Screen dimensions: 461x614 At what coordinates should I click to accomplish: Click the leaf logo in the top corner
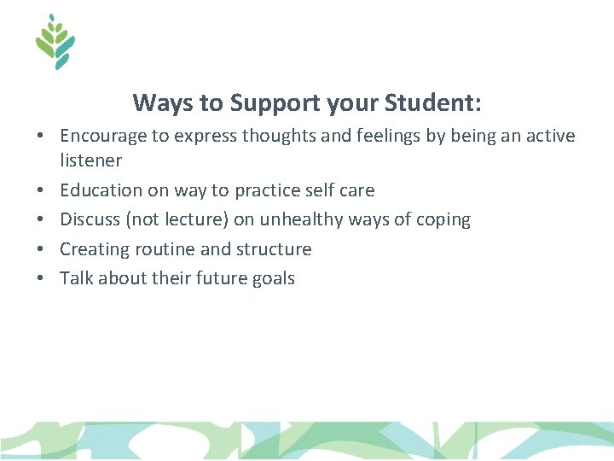click(x=55, y=42)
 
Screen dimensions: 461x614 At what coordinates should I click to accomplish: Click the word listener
click(x=90, y=160)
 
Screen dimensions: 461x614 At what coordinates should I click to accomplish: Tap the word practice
click(x=268, y=190)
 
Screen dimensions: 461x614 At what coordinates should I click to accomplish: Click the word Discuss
click(x=90, y=219)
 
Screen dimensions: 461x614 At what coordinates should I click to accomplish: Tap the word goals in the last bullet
click(x=271, y=278)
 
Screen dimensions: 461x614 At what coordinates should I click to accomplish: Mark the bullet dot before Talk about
click(x=40, y=278)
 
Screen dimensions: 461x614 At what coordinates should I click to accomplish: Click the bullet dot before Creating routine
click(x=40, y=249)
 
